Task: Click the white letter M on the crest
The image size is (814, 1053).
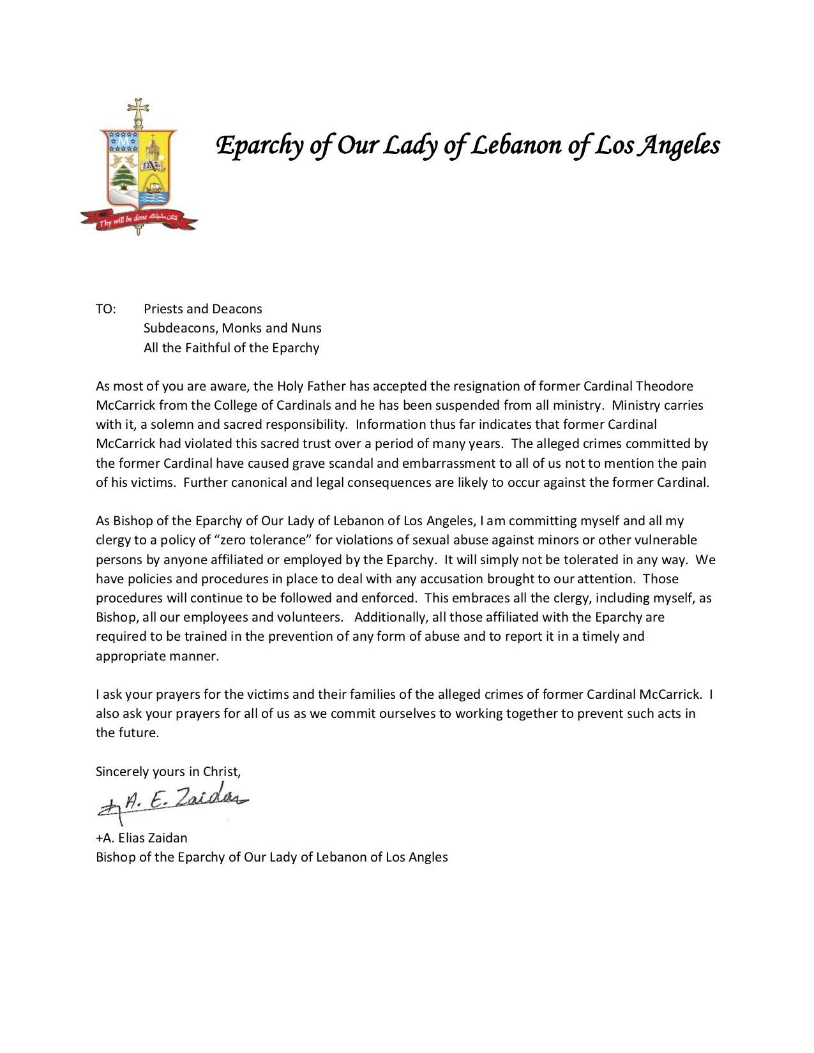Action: tap(123, 142)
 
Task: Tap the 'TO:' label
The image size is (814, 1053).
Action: tap(106, 310)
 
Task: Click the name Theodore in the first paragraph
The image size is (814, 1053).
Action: tap(664, 387)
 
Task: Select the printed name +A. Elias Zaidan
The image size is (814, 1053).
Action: tap(142, 839)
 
